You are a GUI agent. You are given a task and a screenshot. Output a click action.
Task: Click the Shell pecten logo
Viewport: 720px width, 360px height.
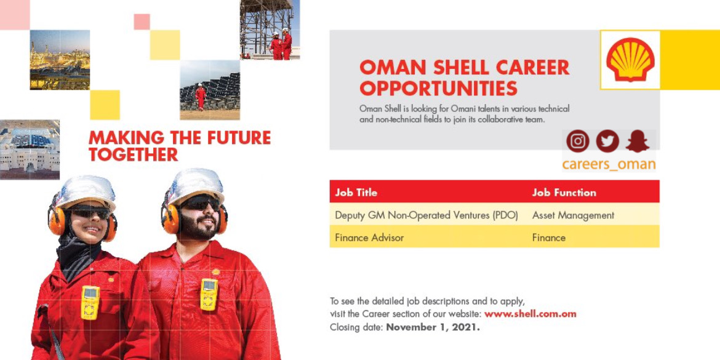pos(630,60)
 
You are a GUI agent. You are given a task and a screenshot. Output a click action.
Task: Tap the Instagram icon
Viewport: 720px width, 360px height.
pos(578,142)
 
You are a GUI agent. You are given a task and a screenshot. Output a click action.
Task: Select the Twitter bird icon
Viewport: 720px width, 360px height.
pos(607,142)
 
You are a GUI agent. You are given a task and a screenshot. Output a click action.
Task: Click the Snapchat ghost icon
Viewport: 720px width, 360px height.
pos(638,142)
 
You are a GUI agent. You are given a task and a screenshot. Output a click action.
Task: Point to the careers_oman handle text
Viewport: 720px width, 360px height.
pos(609,164)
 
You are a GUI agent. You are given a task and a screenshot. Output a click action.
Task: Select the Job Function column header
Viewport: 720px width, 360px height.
pos(564,193)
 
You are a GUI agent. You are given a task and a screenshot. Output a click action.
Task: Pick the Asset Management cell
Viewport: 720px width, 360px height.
pos(572,215)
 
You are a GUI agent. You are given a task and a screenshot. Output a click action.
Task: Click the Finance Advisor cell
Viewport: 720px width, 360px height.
pos(369,238)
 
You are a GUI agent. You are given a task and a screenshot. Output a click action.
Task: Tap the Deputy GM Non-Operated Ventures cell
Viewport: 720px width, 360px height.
pos(426,215)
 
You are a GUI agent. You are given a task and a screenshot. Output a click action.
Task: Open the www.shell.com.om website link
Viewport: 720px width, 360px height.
pos(530,314)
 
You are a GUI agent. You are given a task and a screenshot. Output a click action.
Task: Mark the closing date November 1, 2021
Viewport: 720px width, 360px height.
pos(433,328)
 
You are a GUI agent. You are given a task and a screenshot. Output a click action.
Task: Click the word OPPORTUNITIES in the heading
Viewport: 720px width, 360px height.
pos(438,88)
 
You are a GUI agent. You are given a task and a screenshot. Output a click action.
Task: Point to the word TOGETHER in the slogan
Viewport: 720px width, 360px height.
pos(133,154)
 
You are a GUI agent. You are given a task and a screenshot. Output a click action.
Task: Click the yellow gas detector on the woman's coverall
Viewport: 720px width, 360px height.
pos(90,302)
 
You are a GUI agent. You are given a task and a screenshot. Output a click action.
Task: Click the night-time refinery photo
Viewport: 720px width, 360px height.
pos(60,60)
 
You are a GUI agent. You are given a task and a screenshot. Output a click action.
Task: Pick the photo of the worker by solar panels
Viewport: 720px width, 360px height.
pos(210,90)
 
